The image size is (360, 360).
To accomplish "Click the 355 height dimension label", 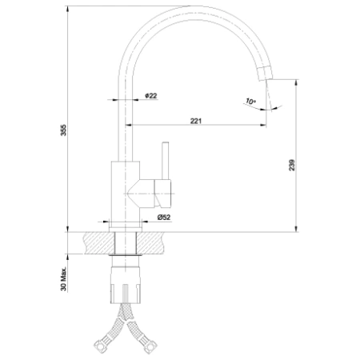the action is click(x=63, y=130).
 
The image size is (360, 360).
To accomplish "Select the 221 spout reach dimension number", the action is click(x=196, y=121).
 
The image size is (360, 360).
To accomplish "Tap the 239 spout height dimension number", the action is click(x=292, y=165).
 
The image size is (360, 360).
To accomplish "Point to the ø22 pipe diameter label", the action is click(x=151, y=96).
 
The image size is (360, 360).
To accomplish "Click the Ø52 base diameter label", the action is click(x=164, y=218).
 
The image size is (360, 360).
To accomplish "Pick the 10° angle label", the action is click(x=250, y=102).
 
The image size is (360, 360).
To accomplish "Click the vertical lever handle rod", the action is click(x=166, y=161).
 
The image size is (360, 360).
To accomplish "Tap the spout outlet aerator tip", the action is click(x=265, y=73).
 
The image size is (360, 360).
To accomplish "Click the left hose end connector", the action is click(x=101, y=346).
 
